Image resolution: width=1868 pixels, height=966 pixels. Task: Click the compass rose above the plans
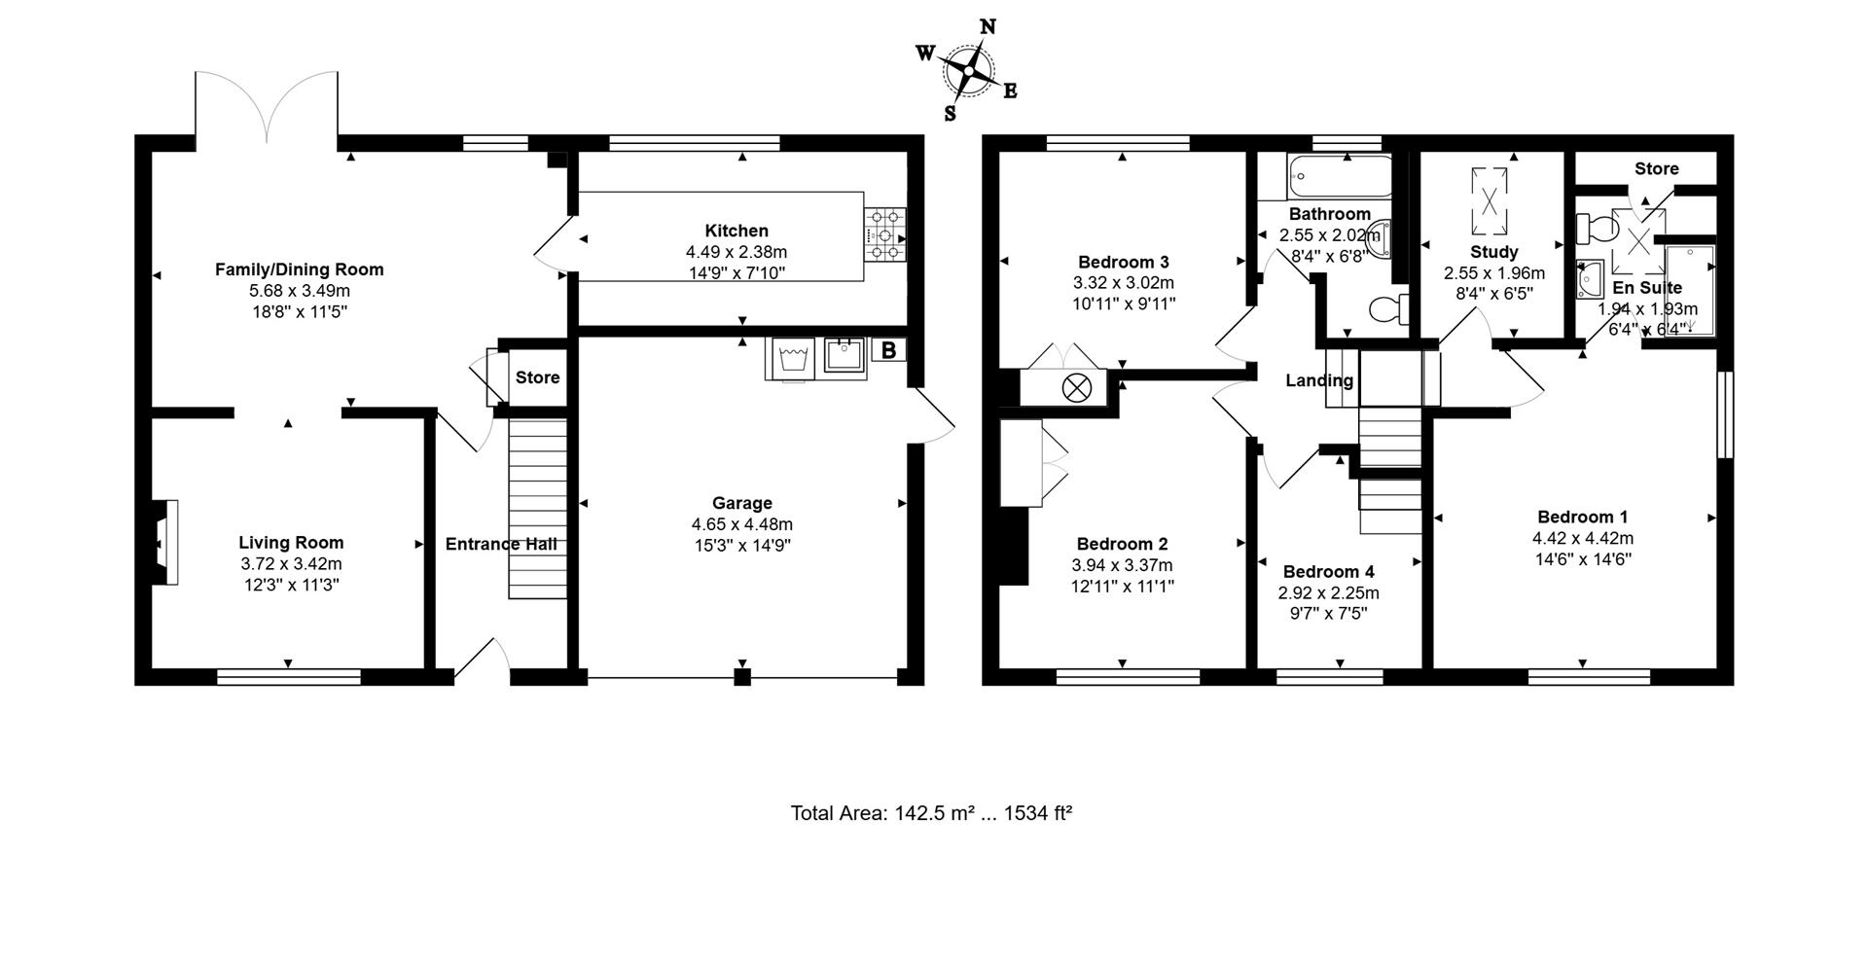[x=969, y=69]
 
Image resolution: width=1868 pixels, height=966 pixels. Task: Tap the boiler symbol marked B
[x=888, y=349]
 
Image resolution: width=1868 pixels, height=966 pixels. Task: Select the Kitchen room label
[x=736, y=231]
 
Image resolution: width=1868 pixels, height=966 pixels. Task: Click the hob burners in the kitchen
[x=885, y=234]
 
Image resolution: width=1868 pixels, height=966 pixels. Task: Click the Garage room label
[x=742, y=503]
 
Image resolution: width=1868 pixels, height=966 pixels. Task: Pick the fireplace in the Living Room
[x=163, y=542]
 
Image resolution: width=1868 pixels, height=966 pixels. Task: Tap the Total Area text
[x=931, y=813]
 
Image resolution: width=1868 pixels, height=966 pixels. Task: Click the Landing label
[x=1319, y=380]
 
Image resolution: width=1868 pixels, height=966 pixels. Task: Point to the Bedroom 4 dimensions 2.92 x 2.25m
[x=1329, y=592]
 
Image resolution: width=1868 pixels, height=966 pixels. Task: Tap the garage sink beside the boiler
[x=844, y=357]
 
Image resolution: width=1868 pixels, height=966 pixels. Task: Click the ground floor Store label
[x=537, y=377]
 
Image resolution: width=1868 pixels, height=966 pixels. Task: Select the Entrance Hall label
[x=501, y=544]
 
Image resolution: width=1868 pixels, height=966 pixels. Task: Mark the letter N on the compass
[x=987, y=27]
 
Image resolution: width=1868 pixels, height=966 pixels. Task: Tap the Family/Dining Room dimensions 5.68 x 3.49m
[x=300, y=291]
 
